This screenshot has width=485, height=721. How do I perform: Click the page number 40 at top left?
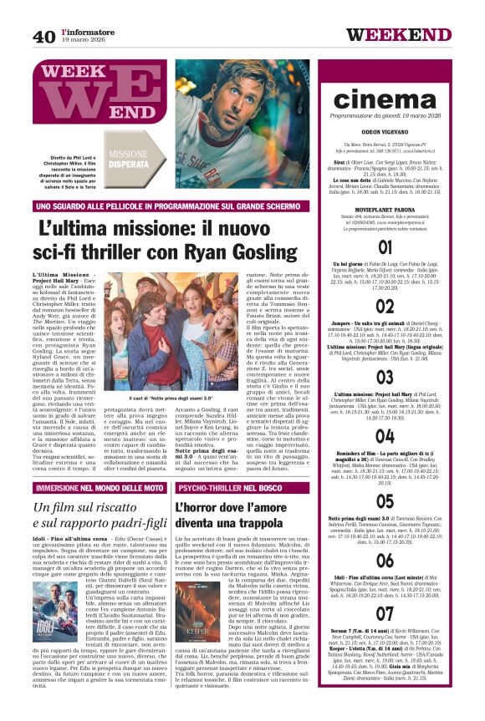pyautogui.click(x=44, y=37)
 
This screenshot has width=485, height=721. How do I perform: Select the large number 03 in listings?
pyautogui.click(x=385, y=378)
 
